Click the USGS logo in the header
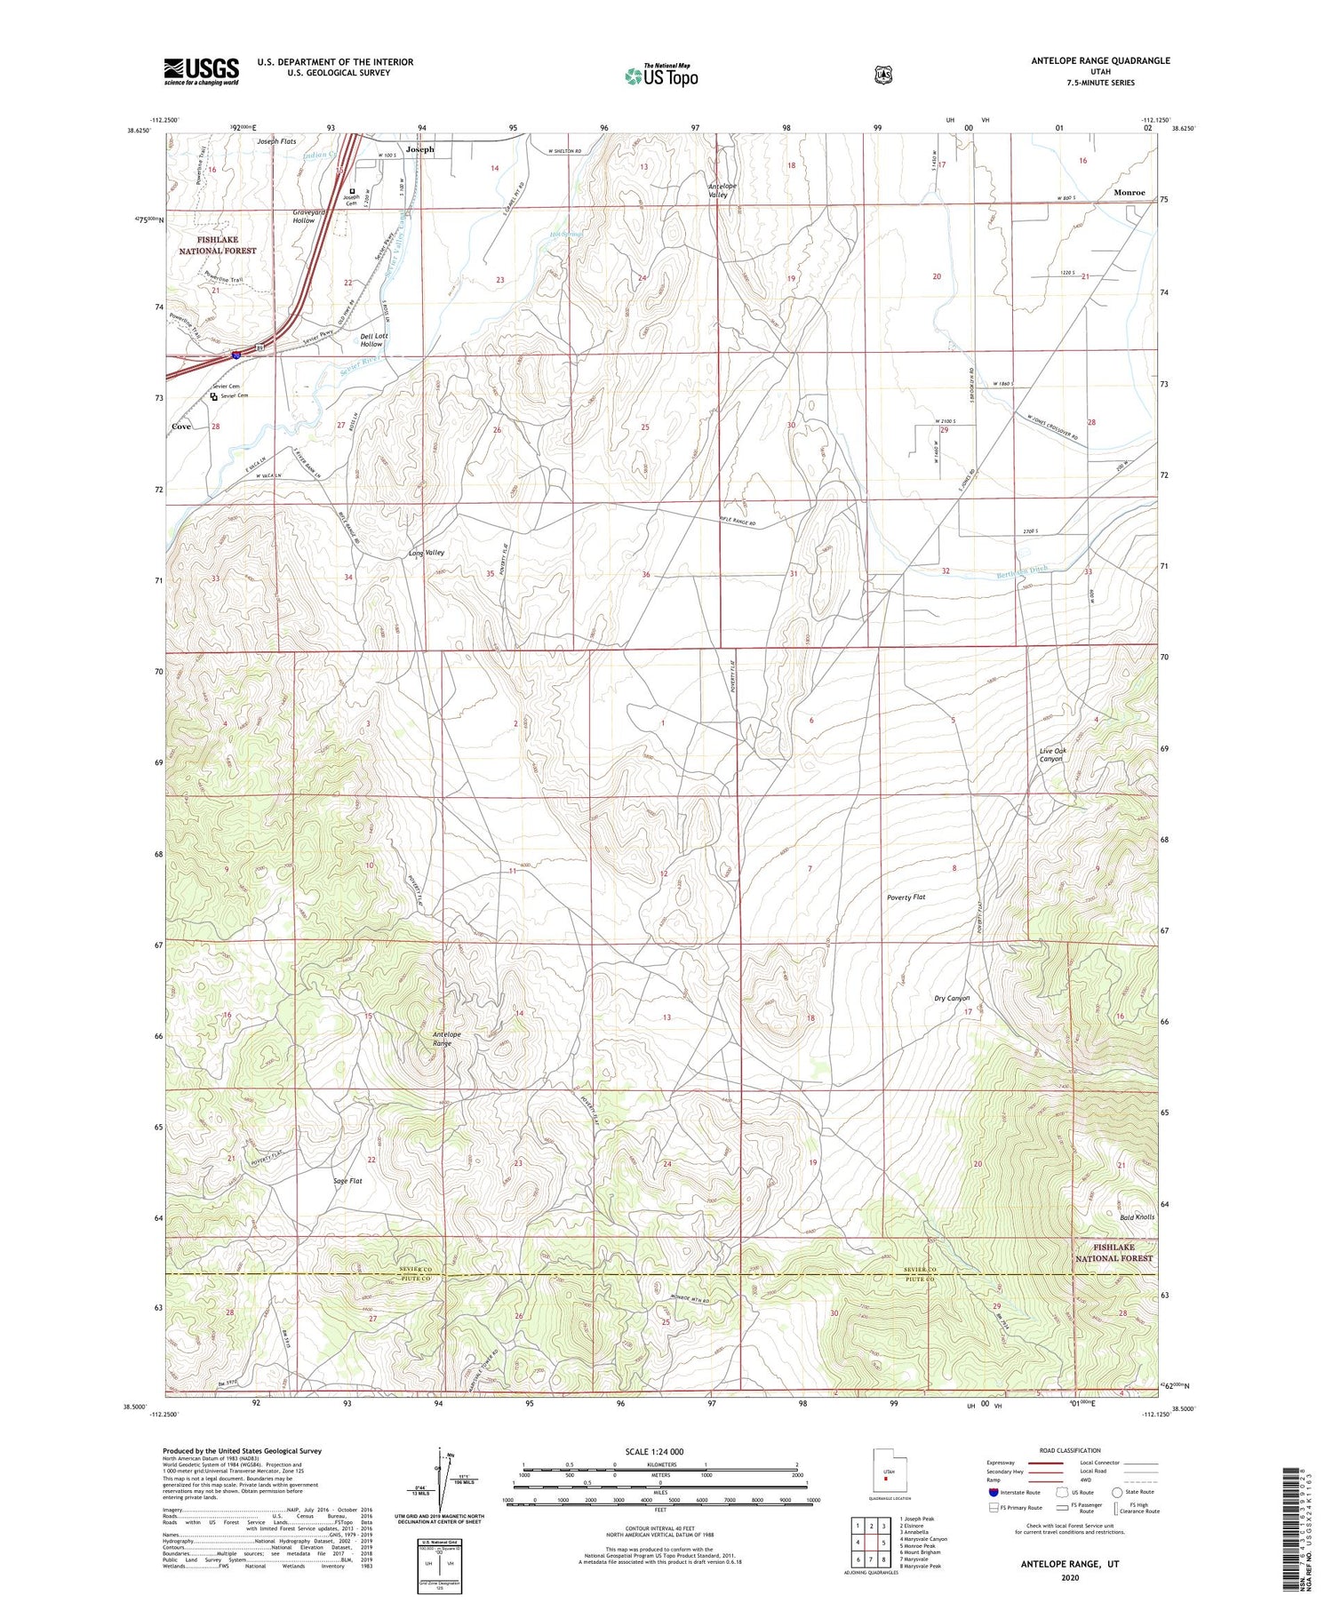click(201, 71)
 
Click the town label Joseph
click(420, 149)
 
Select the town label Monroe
click(1129, 192)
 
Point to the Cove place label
click(181, 427)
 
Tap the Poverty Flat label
click(906, 897)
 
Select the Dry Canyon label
click(952, 998)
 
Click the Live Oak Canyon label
click(1052, 754)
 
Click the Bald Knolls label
click(1137, 1216)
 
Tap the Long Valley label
click(427, 553)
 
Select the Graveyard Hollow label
click(304, 216)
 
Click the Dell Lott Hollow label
click(374, 339)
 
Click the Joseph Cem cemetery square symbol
click(352, 190)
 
